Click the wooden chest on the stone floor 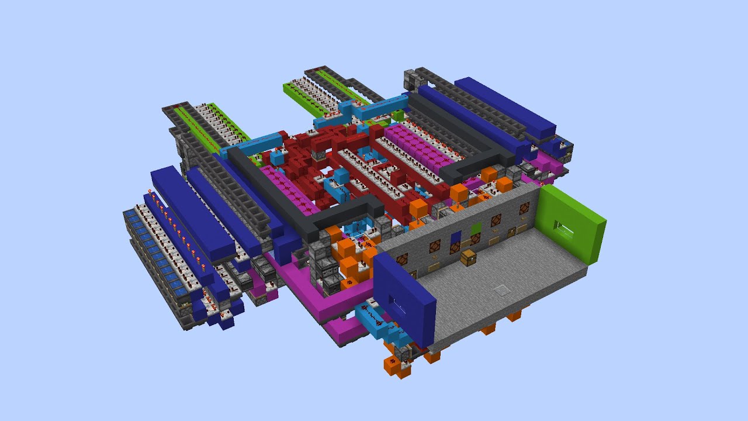pos(467,257)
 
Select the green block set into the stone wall pos(476,228)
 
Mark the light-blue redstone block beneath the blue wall pos(374,319)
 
